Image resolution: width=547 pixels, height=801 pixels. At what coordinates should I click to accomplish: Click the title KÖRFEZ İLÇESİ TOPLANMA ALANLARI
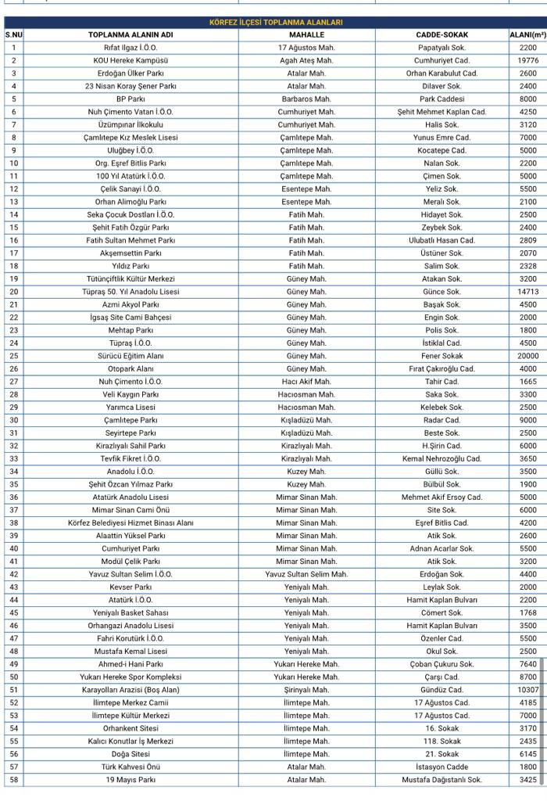(276, 23)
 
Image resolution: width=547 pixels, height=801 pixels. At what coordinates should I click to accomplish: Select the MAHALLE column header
(306, 34)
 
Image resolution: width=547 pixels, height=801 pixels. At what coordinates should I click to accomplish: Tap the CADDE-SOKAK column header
(442, 34)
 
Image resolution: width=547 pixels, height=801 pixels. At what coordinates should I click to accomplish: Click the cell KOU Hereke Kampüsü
(130, 60)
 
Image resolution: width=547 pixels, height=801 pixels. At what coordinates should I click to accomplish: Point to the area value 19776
(528, 60)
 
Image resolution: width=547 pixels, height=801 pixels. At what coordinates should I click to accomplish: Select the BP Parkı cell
(130, 99)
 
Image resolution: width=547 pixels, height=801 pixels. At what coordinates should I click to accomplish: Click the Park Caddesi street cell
(442, 99)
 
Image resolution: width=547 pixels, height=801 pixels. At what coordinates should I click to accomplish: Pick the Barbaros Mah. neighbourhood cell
(306, 99)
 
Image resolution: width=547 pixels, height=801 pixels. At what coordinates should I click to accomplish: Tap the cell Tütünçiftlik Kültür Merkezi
(130, 278)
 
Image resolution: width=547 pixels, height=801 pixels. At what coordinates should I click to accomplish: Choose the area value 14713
(528, 292)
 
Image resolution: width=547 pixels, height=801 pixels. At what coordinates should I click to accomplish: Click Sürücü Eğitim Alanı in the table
(130, 356)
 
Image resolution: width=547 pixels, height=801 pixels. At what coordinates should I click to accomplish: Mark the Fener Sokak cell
(442, 356)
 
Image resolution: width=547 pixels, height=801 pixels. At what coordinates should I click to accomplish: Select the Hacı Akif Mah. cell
(306, 382)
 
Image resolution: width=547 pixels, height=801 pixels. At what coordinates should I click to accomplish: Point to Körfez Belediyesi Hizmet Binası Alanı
(130, 523)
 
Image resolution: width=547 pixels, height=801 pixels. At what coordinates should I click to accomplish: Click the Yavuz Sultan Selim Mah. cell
(306, 574)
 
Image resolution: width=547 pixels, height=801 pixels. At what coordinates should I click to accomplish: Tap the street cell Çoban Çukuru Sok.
(442, 664)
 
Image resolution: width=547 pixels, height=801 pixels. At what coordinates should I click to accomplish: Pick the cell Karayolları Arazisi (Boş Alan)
(130, 690)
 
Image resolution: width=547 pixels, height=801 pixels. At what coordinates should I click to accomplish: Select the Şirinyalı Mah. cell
(306, 690)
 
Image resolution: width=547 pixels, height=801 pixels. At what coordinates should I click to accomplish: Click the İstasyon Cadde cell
(442, 767)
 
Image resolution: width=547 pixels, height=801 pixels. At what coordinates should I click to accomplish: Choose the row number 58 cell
(13, 780)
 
